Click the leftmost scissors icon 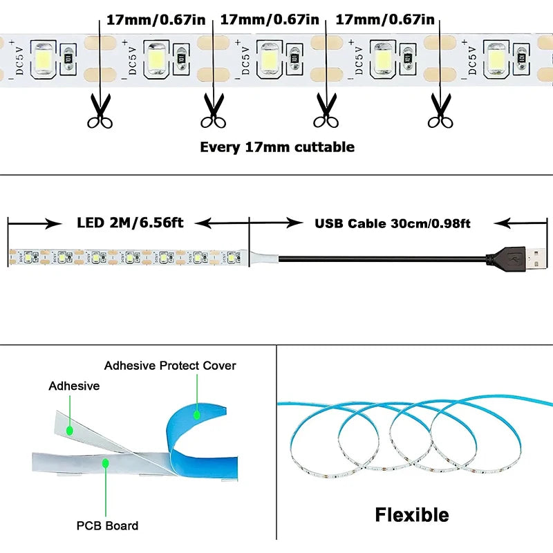(x=100, y=111)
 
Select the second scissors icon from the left (x=213, y=111)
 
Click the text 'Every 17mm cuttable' (x=277, y=147)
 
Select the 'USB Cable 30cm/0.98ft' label (x=393, y=223)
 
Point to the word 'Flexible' (x=412, y=515)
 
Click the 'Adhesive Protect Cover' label (x=170, y=365)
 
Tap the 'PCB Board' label (x=107, y=525)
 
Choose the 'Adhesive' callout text (x=74, y=386)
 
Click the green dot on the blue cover (x=196, y=416)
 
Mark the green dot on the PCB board (x=106, y=461)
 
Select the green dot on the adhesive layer (x=70, y=430)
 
